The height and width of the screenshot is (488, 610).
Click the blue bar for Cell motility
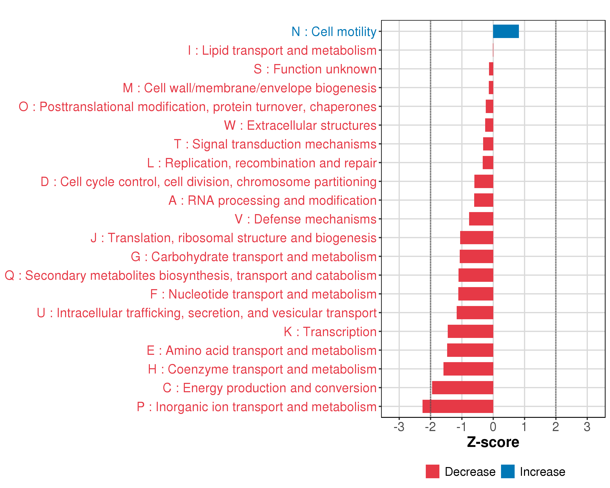click(506, 31)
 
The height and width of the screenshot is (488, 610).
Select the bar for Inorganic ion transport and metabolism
click(458, 406)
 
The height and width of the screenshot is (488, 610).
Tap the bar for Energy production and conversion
click(463, 388)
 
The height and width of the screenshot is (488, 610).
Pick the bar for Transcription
click(470, 331)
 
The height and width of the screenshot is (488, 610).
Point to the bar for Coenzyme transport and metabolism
click(468, 369)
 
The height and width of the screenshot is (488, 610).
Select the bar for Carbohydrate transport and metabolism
click(476, 256)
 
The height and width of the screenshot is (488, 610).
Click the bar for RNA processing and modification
click(484, 200)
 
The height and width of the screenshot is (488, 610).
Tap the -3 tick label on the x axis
click(399, 427)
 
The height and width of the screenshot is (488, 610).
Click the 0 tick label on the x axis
click(493, 427)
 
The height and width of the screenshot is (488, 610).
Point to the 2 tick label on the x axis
click(556, 427)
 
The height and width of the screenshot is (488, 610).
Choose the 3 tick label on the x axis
click(587, 427)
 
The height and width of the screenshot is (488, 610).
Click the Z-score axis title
click(493, 442)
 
